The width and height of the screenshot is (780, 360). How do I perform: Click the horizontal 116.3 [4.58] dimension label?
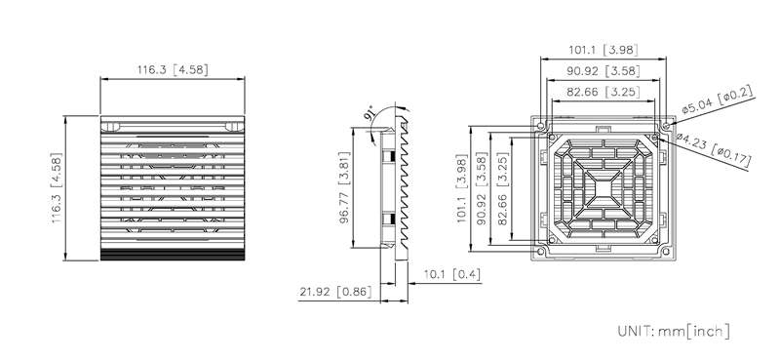point(173,69)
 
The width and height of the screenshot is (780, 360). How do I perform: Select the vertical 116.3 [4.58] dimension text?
point(57,187)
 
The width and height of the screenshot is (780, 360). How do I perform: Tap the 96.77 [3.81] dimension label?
point(345,186)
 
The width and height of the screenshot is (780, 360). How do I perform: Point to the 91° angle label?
point(370,114)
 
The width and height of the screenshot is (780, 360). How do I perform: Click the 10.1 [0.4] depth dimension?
point(451,274)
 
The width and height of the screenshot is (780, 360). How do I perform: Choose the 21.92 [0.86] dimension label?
point(335,292)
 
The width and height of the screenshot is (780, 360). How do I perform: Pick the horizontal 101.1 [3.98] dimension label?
point(603,50)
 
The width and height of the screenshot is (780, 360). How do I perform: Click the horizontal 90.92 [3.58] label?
point(603,71)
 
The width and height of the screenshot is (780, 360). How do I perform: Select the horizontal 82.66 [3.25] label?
point(603,92)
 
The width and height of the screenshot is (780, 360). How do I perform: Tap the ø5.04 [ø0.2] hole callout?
point(718,100)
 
